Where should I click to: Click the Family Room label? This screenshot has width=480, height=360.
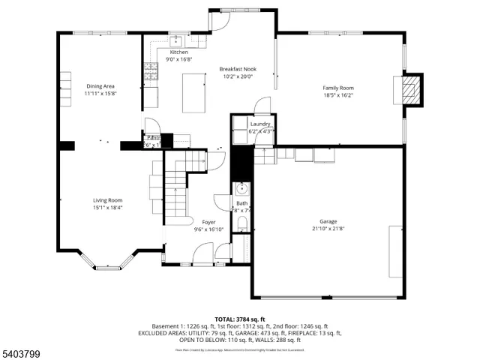[x=338, y=88]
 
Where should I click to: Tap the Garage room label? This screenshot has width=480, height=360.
[x=328, y=221]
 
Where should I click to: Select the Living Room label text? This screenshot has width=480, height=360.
[x=107, y=200]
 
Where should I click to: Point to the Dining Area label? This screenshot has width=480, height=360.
[x=100, y=86]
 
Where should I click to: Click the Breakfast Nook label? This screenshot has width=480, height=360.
[x=238, y=69]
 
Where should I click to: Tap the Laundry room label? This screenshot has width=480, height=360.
[x=260, y=124]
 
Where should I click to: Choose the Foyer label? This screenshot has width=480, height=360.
[x=208, y=222]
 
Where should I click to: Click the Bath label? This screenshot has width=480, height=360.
[x=241, y=203]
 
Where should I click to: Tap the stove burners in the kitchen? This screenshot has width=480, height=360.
[x=151, y=70]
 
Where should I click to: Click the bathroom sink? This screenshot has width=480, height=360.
[x=241, y=188]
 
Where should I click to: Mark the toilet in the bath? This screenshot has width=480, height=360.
[x=243, y=223]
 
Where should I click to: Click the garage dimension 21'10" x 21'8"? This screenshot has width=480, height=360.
[x=328, y=229]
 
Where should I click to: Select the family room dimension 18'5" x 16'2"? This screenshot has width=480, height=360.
[x=338, y=95]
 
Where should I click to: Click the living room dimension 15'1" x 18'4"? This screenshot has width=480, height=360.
[x=107, y=208]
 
